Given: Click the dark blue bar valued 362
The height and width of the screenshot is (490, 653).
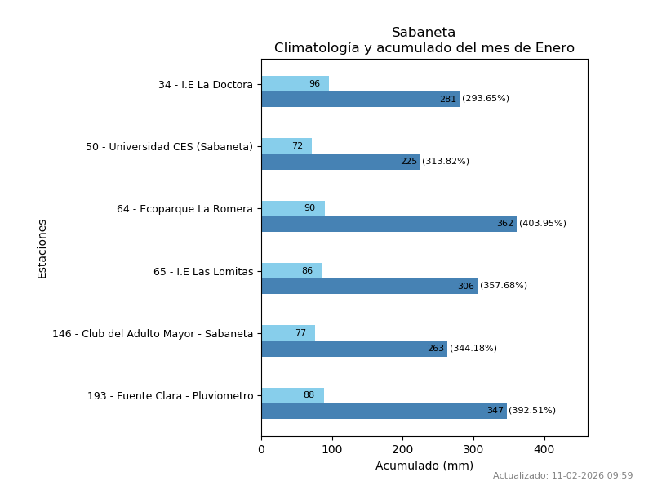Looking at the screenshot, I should tap(389, 224).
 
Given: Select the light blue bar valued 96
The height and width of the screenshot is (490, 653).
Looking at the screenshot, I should tap(295, 83).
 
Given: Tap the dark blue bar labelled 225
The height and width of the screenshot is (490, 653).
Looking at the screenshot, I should tap(340, 162).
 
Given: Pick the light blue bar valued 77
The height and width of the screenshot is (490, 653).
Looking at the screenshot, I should tap(288, 333).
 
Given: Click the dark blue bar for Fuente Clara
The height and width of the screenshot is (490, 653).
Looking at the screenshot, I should tap(384, 411).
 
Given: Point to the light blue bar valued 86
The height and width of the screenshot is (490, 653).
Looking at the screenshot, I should tap(291, 270).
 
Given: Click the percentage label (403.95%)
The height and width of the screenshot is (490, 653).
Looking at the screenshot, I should tap(543, 224).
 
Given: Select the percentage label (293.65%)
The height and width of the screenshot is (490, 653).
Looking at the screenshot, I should tap(486, 99).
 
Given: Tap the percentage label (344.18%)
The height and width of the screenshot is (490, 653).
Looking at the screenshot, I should tap(473, 349).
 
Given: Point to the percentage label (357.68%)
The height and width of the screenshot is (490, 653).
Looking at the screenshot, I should tap(504, 286).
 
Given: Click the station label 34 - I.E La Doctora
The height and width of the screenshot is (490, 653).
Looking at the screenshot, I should tap(206, 85).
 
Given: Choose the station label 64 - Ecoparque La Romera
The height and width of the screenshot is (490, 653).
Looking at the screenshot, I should tap(184, 209).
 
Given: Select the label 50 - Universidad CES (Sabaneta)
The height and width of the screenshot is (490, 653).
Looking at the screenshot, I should tap(169, 147).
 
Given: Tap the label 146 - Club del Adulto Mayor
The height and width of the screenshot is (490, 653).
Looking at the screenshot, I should tap(153, 334).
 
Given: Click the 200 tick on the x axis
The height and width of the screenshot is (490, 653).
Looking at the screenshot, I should tap(402, 448).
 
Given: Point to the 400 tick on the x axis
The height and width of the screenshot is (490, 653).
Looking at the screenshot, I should tap(544, 448).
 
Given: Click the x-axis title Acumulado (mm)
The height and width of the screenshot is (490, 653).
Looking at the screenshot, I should tap(424, 466).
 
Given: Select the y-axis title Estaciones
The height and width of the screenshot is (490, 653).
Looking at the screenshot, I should tap(42, 248).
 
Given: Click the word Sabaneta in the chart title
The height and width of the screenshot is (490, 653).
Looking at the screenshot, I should tap(424, 33).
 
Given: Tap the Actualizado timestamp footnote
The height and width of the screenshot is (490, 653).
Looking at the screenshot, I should tap(562, 476).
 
